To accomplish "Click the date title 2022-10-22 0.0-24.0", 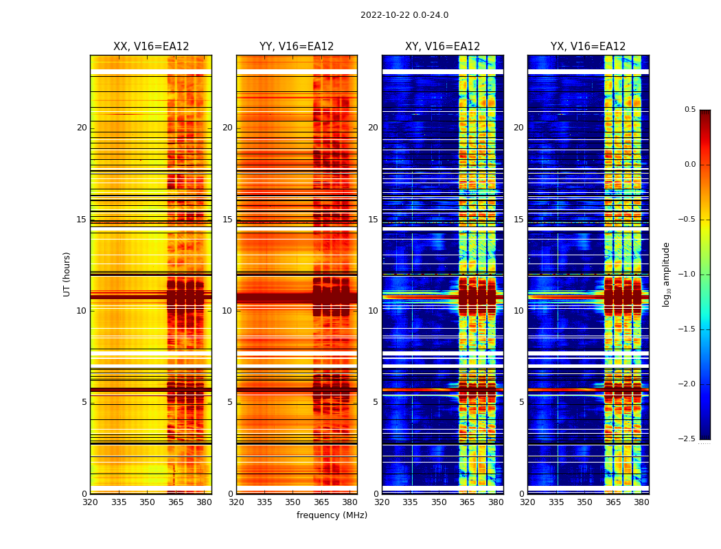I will (x=404, y=15).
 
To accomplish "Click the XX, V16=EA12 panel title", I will (x=151, y=47).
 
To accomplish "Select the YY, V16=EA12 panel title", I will (x=297, y=47).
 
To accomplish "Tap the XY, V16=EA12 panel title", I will (x=442, y=47).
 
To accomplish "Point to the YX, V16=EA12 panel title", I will (x=588, y=47).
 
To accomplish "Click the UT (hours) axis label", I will (x=67, y=274).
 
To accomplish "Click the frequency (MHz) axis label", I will (x=332, y=515).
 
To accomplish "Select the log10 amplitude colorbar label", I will (x=666, y=274).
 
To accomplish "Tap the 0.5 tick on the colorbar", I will (x=689, y=110).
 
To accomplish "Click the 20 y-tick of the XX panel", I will (x=82, y=128).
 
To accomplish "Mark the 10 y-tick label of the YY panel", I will (x=227, y=311).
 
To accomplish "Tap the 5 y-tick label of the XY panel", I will (x=375, y=402).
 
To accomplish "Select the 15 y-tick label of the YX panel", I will (x=518, y=220).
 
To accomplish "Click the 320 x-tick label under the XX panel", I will (x=90, y=502).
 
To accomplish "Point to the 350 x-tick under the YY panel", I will (x=293, y=502).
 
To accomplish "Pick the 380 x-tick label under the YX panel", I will (x=641, y=502).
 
